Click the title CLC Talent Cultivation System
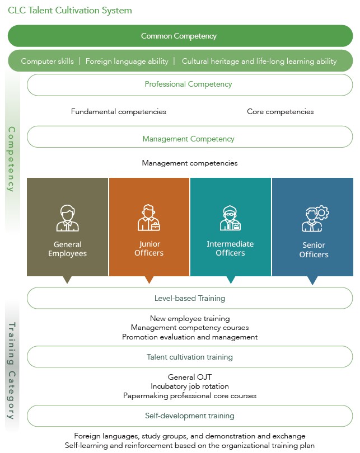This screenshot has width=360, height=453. pyautogui.click(x=69, y=11)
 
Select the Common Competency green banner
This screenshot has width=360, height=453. pyautogui.click(x=180, y=36)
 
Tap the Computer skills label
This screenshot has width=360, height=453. pyautogui.click(x=47, y=62)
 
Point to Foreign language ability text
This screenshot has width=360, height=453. pyautogui.click(x=127, y=62)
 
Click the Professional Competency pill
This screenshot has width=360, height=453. pyautogui.click(x=190, y=85)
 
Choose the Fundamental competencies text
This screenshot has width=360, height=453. pyautogui.click(x=119, y=111)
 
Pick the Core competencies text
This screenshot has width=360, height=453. pyautogui.click(x=280, y=111)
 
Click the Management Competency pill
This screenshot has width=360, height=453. pyautogui.click(x=190, y=136)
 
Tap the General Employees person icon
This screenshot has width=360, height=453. pyautogui.click(x=67, y=218)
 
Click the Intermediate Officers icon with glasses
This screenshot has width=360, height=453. pyautogui.click(x=230, y=218)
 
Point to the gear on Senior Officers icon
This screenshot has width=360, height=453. pyautogui.click(x=322, y=213)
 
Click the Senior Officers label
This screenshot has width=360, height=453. pyautogui.click(x=314, y=250)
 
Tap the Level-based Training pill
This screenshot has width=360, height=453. pyautogui.click(x=190, y=298)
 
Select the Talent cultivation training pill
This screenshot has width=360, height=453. pyautogui.click(x=190, y=357)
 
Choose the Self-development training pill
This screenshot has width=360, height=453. pyautogui.click(x=190, y=416)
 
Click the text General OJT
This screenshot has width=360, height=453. pyautogui.click(x=190, y=377)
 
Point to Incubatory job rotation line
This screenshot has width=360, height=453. pyautogui.click(x=190, y=386)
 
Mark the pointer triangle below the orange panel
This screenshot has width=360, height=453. pyautogui.click(x=149, y=280)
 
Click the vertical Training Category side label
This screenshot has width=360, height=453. pyautogui.click(x=12, y=371)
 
